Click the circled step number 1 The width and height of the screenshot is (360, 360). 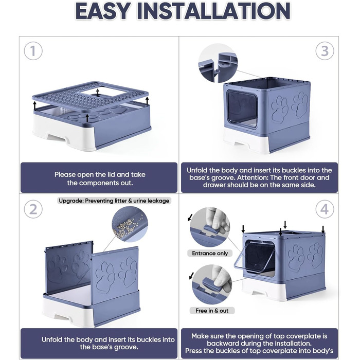[x=33, y=51]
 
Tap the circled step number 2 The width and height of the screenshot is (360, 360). [x=33, y=209]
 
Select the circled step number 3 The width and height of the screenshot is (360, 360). [x=325, y=51]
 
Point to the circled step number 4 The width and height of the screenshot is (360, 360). [x=325, y=209]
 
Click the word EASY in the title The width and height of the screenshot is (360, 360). [x=102, y=11]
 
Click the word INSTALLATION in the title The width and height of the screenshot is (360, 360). [x=213, y=11]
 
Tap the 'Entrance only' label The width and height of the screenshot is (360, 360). [x=210, y=253]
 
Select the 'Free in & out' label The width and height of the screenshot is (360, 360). [x=212, y=311]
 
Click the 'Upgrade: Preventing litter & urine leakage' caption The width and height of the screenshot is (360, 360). [x=114, y=201]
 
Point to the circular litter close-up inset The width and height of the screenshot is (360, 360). [x=130, y=224]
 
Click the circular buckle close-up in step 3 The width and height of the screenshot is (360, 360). [x=218, y=63]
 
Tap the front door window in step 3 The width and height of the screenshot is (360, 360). [x=242, y=109]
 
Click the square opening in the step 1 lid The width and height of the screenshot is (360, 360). [x=104, y=92]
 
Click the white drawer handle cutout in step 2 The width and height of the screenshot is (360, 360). [x=62, y=317]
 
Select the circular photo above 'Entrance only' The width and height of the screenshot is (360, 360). [x=210, y=227]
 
